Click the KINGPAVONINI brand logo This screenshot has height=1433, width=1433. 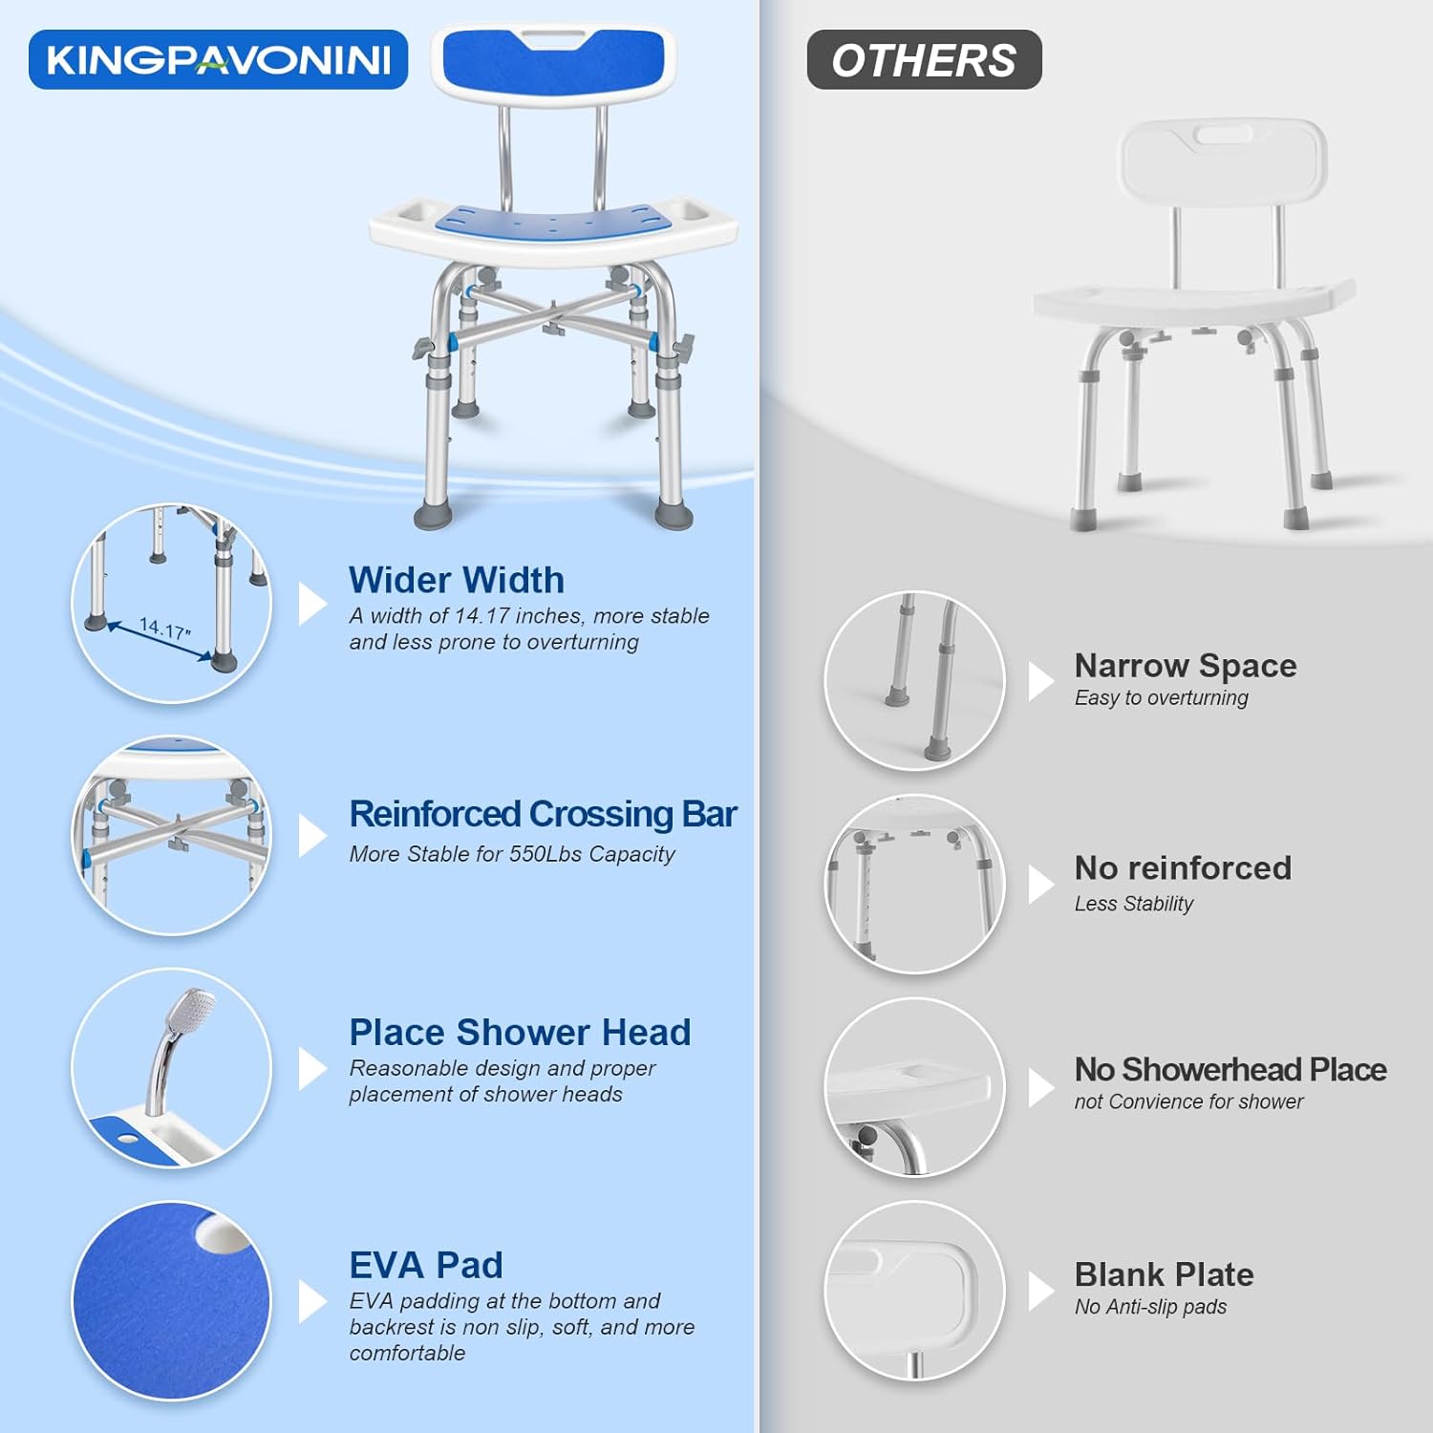click(219, 59)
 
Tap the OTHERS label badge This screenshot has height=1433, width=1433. click(924, 60)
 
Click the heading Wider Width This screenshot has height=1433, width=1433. click(457, 580)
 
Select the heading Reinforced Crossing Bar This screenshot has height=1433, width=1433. click(543, 814)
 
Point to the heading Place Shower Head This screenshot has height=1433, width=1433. click(520, 1032)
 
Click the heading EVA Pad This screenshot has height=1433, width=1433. click(426, 1265)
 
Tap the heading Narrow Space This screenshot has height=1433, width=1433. click(1186, 665)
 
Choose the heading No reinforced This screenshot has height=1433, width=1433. click(1183, 867)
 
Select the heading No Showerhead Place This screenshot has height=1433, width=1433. click(1230, 1069)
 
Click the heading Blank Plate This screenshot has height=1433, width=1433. click(1164, 1274)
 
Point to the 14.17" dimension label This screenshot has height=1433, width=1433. click(165, 629)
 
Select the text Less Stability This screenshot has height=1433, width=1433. click(1134, 904)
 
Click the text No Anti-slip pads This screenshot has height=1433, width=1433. click(1150, 1307)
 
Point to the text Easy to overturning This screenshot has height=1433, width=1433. click(1161, 698)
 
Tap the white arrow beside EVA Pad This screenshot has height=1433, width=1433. click(312, 1301)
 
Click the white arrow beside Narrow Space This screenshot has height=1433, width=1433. click(1041, 680)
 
